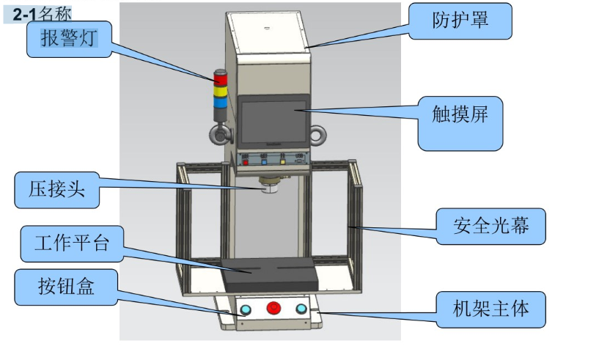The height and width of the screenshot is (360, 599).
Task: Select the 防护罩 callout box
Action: pos(460,21)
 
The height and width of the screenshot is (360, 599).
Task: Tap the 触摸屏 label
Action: pos(460,114)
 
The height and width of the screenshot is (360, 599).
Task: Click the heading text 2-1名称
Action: pos(42,13)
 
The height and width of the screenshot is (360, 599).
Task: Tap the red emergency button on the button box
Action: pos(274,308)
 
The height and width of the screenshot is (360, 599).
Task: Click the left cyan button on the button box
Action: pos(246,309)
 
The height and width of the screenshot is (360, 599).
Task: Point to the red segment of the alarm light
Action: pos(220,78)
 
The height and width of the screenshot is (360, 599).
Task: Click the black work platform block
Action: pos(270,276)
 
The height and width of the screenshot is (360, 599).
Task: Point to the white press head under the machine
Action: pos(268,188)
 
